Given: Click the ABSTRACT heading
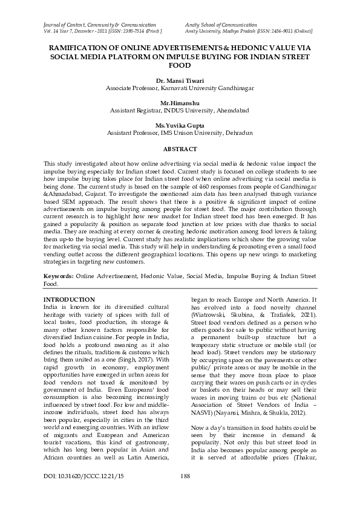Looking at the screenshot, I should [180, 149].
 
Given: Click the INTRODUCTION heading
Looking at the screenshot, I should [70, 300].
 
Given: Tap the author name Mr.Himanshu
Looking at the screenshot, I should [180, 103].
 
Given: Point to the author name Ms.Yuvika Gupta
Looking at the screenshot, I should [180, 125].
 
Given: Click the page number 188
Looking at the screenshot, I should [186, 493].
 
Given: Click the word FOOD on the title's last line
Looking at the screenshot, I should [180, 65].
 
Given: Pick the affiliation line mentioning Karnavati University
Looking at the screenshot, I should [180, 88].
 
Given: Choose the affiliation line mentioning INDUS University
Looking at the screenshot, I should [180, 111].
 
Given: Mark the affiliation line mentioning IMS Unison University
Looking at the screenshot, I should [180, 132].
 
